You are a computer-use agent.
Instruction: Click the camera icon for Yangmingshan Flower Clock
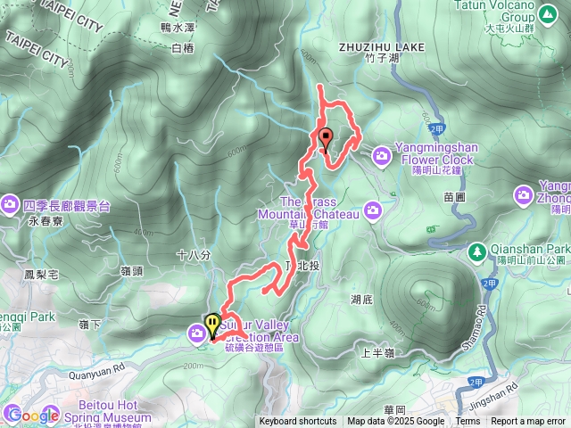(382, 156)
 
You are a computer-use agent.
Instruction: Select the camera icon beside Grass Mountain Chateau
(373, 210)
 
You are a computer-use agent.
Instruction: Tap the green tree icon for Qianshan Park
(478, 251)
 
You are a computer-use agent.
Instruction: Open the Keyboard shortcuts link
(298, 422)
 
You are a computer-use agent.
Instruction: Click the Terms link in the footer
(468, 422)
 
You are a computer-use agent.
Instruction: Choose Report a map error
(528, 422)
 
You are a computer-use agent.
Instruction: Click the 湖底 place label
(361, 300)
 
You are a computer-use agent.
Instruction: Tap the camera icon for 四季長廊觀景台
(10, 204)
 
